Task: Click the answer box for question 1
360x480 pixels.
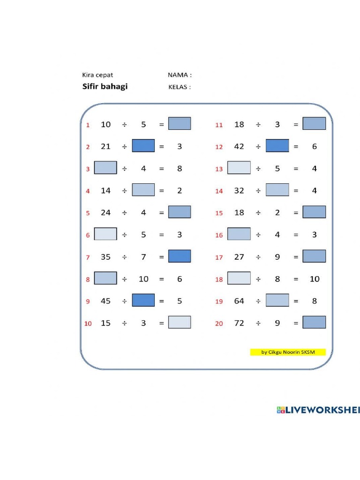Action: [180, 124]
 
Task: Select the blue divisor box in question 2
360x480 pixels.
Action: [143, 146]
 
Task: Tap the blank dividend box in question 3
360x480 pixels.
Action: [105, 168]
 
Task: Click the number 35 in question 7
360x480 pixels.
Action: [106, 256]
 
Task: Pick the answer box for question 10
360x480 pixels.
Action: [180, 322]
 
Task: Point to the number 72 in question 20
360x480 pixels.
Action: [239, 322]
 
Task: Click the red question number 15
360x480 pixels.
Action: [219, 213]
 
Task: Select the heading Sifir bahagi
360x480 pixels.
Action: [105, 87]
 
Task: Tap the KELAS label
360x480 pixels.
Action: [180, 87]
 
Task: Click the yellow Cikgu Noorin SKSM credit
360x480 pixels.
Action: [288, 352]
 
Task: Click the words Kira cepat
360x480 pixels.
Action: [97, 75]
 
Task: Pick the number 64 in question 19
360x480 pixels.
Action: [239, 300]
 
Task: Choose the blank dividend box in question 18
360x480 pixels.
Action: [239, 278]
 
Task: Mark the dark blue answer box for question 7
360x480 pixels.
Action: [180, 256]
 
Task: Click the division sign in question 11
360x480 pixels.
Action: [258, 124]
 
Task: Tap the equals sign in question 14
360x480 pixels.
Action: [296, 191]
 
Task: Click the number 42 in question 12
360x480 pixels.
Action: [239, 146]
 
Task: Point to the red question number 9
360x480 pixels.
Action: [88, 301]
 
